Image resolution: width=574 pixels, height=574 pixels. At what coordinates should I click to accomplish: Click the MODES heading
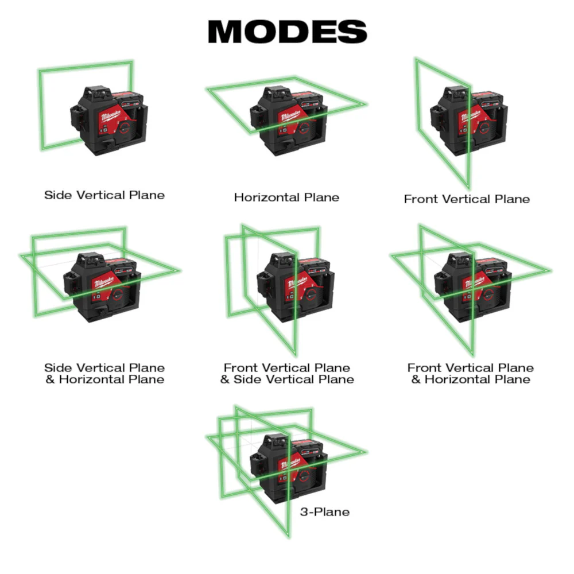pyautogui.click(x=287, y=32)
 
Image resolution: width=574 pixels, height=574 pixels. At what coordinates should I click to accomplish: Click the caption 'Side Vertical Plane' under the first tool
pyautogui.click(x=104, y=195)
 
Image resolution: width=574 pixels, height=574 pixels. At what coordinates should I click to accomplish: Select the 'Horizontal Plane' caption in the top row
pyautogui.click(x=286, y=197)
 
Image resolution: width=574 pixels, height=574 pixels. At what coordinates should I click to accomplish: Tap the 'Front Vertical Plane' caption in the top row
pyautogui.click(x=467, y=199)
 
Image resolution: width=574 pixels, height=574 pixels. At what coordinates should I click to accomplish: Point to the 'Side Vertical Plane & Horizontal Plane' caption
pyautogui.click(x=104, y=374)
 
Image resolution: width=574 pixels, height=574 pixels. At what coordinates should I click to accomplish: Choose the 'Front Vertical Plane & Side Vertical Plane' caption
pyautogui.click(x=287, y=374)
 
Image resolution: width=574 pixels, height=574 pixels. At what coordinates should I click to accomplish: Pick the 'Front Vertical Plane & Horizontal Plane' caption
pyautogui.click(x=471, y=374)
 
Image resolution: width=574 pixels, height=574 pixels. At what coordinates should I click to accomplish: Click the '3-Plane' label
pyautogui.click(x=324, y=511)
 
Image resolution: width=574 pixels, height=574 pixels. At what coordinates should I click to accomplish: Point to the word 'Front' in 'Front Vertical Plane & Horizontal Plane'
pyautogui.click(x=423, y=368)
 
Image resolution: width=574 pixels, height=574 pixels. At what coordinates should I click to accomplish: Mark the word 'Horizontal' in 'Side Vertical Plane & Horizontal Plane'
pyautogui.click(x=91, y=379)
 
